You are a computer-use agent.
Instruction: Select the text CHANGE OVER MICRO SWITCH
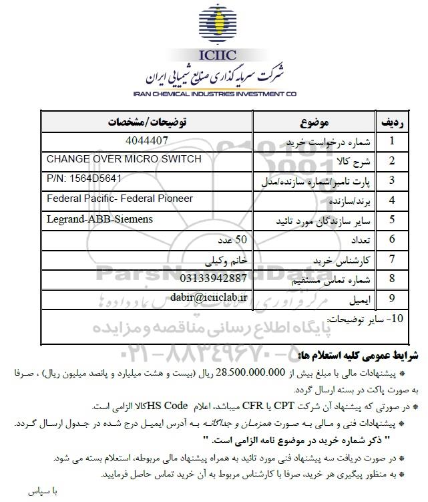pyautogui.click(x=124, y=158)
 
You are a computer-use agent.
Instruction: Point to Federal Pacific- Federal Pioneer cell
pyautogui.click(x=120, y=199)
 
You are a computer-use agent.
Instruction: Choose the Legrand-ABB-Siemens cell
pyautogui.click(x=100, y=219)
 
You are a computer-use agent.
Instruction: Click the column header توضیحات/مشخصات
pyautogui.click(x=151, y=123)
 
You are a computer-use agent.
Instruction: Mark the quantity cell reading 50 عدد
pyautogui.click(x=214, y=239)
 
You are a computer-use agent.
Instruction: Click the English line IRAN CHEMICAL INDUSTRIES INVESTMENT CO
pyautogui.click(x=214, y=95)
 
